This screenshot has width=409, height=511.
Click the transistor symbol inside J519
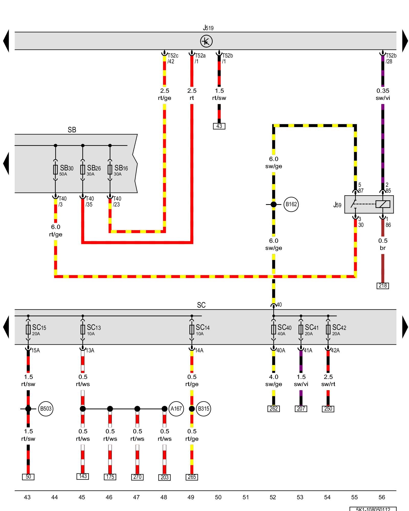[x=206, y=41]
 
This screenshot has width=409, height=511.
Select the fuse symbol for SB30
[x=55, y=169]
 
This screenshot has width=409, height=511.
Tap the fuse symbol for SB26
[x=83, y=169]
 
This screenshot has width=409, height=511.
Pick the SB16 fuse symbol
[x=110, y=169]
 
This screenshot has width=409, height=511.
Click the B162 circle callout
[x=291, y=204]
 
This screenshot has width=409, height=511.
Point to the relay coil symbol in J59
[x=383, y=204]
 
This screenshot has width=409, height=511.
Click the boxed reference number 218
[x=383, y=286]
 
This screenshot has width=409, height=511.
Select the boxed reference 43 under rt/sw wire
[x=219, y=126]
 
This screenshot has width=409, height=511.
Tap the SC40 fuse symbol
[x=274, y=329]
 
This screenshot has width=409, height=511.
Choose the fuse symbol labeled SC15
[x=28, y=329]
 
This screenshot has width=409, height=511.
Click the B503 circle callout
[x=46, y=409]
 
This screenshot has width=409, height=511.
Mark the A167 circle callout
[x=176, y=409]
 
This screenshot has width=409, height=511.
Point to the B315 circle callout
[x=203, y=409]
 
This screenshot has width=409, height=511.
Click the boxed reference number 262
[x=274, y=409]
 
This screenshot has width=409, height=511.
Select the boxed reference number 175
[x=110, y=477]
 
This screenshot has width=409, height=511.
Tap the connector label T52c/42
[x=173, y=59]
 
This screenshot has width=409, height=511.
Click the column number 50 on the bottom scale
[x=218, y=497]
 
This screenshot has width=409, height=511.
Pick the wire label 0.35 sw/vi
[x=383, y=94]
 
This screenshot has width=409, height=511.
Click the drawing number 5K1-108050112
[x=373, y=509]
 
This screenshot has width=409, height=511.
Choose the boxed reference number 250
[x=328, y=409]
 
